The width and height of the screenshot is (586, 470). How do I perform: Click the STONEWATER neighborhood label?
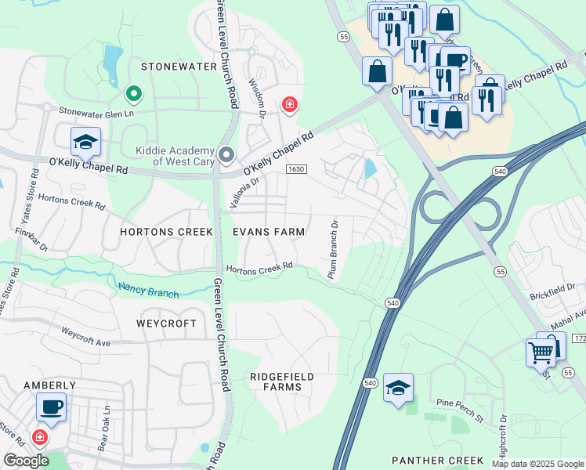[x=178, y=67]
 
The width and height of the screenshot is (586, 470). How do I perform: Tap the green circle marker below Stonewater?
[x=134, y=95]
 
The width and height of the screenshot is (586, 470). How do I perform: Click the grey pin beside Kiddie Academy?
[x=227, y=154]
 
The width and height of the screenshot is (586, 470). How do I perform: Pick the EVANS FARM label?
[x=269, y=232]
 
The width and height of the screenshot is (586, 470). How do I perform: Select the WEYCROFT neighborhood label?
[x=165, y=323]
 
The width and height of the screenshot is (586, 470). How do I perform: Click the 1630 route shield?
[x=295, y=169]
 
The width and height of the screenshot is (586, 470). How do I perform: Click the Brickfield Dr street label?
[x=552, y=288]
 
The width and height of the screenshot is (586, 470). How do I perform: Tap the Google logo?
[x=26, y=460]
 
